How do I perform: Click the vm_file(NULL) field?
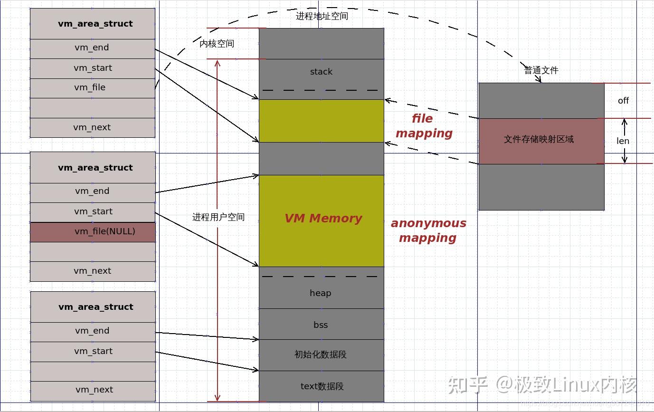(93, 232)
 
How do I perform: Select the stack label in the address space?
(321, 72)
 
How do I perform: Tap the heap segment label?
(321, 293)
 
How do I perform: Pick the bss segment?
(321, 325)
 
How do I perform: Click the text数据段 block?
(322, 386)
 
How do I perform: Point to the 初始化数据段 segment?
(321, 355)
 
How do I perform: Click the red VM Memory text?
(323, 219)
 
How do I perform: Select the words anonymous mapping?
(428, 230)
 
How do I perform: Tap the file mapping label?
(424, 126)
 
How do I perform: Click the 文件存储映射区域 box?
(539, 139)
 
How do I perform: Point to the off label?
(623, 101)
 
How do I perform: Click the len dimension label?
(623, 141)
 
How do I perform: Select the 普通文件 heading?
(541, 71)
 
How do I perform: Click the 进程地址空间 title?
(322, 16)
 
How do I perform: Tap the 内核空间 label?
(217, 44)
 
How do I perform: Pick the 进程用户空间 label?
(218, 217)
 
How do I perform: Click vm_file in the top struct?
(90, 88)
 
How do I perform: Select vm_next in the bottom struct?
(94, 390)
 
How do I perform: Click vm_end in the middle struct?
(92, 192)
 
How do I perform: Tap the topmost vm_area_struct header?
(95, 24)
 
